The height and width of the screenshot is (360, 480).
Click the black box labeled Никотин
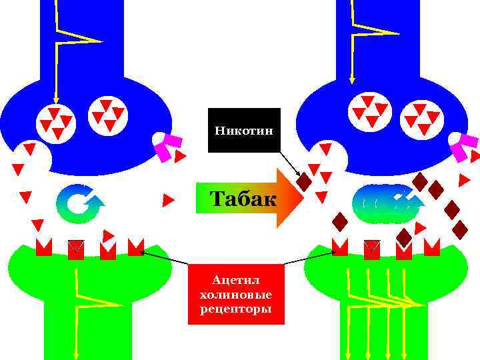coord(244,130)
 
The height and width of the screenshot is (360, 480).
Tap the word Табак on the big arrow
coord(243,199)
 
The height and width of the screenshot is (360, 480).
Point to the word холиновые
coord(236,294)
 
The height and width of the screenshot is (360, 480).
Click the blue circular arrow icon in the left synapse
coord(79,203)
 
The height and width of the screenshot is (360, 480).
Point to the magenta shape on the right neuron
coord(465,147)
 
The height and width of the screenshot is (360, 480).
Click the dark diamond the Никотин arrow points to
coord(304,181)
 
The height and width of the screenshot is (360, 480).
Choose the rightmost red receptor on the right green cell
coord(431,247)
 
